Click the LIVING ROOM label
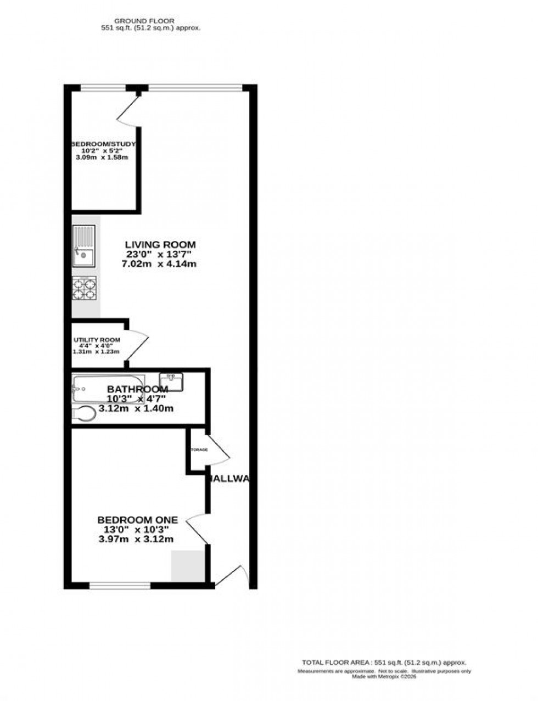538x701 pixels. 160,245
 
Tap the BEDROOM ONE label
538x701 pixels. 137,520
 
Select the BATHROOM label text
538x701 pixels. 137,389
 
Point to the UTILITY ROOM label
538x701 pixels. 97,340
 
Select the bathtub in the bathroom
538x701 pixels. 108,389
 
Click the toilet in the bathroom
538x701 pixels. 83,414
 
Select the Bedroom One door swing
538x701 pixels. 197,530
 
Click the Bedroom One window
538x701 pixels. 120,586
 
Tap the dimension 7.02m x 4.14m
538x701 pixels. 159,264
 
